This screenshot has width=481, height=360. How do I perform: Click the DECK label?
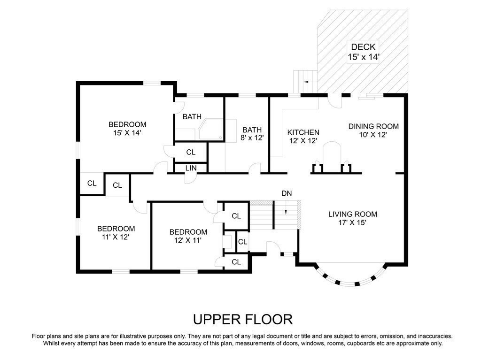[363, 47]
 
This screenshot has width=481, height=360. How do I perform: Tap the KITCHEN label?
[303, 132]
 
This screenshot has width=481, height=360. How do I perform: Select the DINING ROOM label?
[373, 126]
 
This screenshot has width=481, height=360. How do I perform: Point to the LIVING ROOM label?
[353, 214]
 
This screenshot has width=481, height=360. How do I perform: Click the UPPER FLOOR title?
[243, 319]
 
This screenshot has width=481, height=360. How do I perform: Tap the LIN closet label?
[191, 168]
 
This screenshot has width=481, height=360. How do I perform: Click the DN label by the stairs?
[287, 193]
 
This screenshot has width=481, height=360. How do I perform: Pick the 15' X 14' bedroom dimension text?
[127, 133]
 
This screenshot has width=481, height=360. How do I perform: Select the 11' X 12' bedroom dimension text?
[116, 237]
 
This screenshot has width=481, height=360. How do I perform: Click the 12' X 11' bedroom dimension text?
[188, 240]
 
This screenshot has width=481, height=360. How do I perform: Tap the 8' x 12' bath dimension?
[252, 138]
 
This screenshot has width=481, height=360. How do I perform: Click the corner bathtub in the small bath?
[210, 130]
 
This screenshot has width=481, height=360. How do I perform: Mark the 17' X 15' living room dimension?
[352, 222]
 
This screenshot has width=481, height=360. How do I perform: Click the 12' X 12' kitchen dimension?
[303, 141]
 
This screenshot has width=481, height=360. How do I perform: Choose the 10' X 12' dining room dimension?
[373, 135]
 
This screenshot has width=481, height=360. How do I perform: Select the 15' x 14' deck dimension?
[364, 57]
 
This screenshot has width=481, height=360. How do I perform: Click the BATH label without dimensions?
[192, 116]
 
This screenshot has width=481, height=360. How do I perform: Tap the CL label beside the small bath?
[191, 152]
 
